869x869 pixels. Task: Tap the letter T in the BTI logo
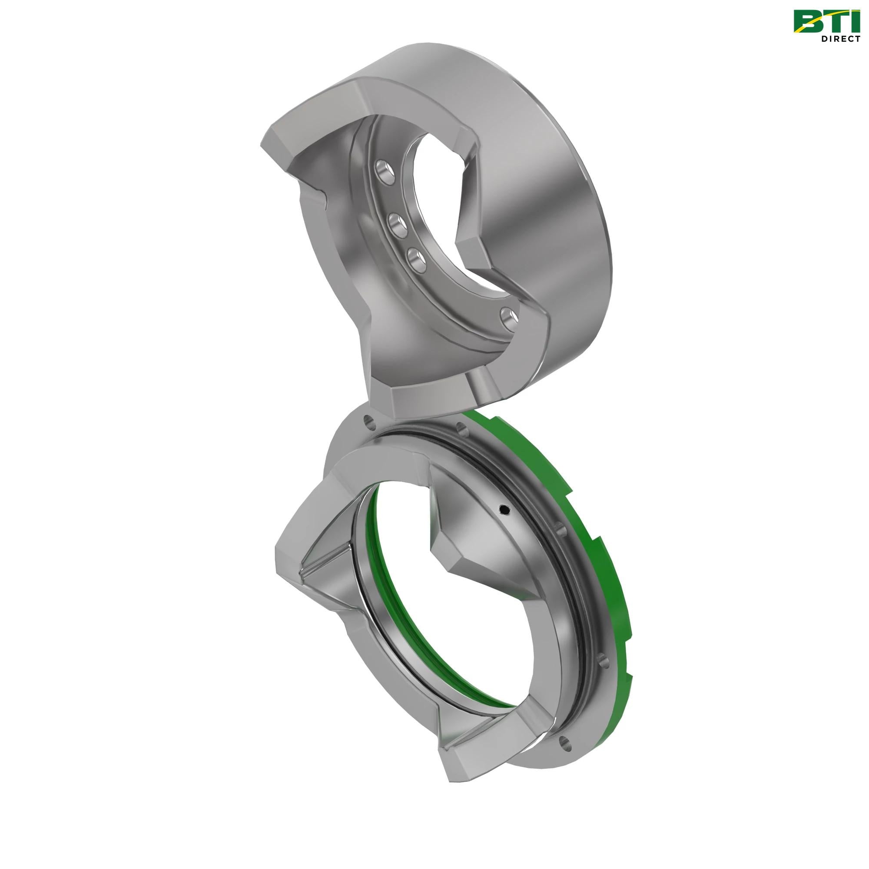coord(834,21)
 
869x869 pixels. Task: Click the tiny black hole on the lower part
coord(504,510)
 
